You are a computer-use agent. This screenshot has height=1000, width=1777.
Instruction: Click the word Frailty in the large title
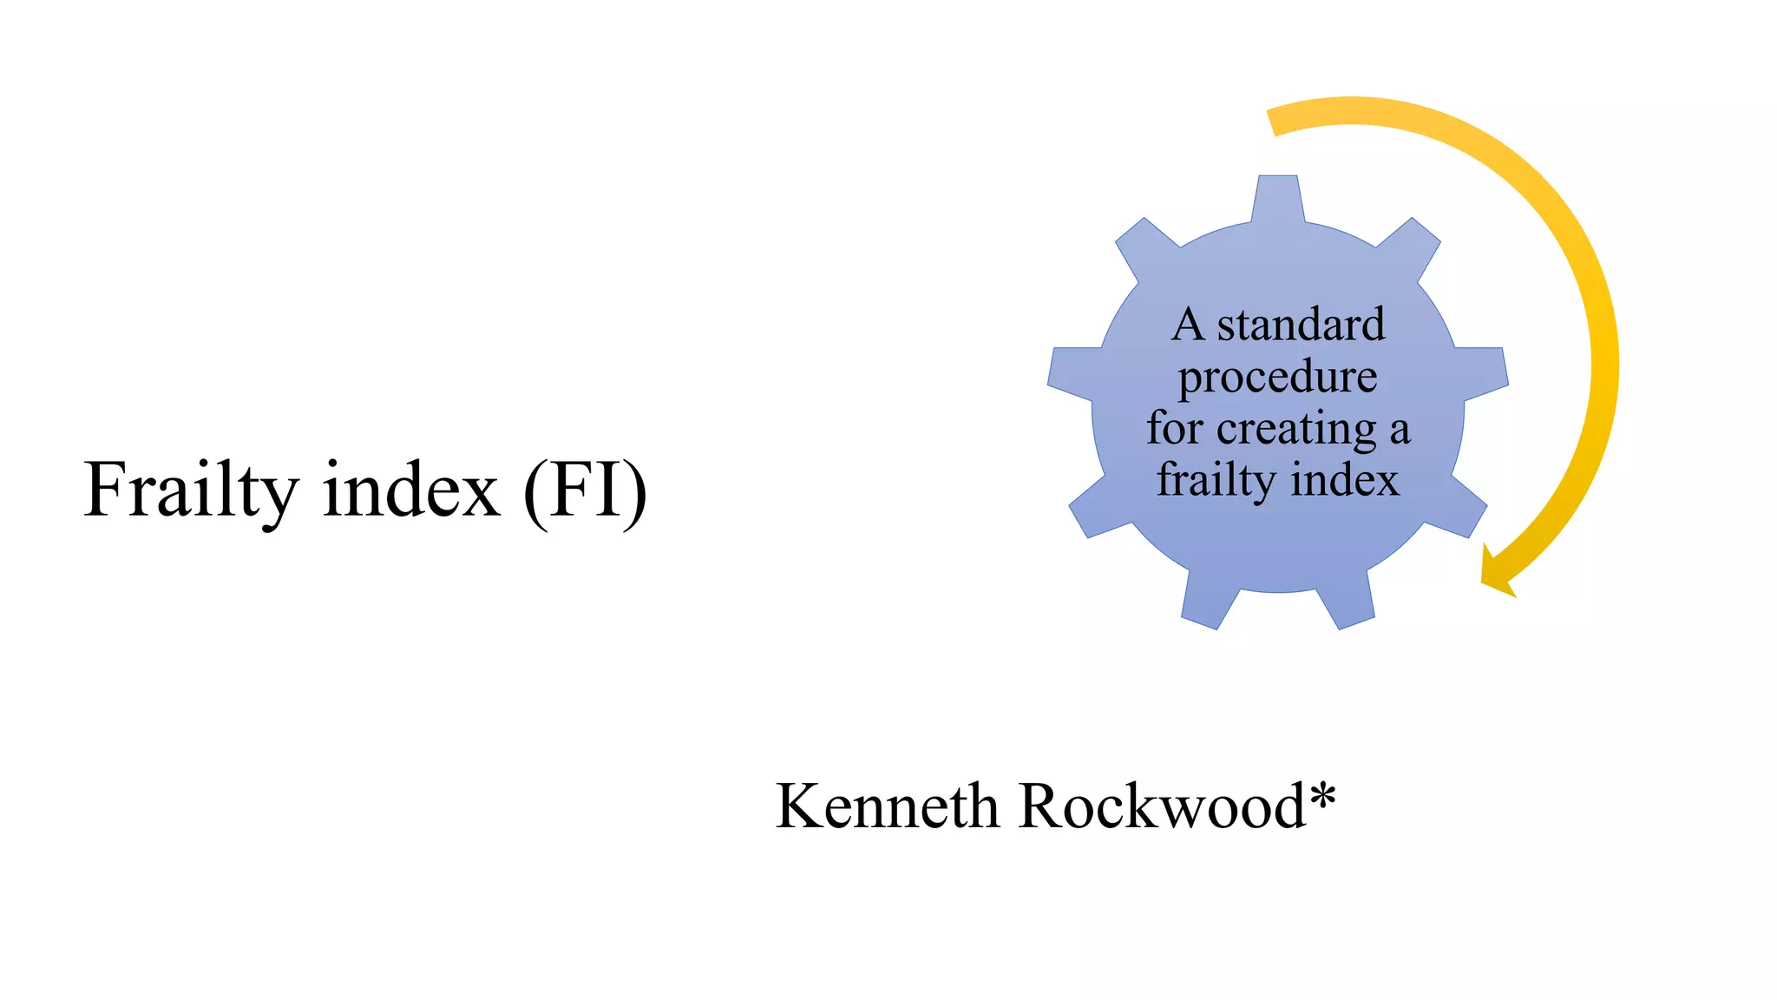[x=190, y=490]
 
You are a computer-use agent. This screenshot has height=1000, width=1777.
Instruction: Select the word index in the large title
[x=411, y=490]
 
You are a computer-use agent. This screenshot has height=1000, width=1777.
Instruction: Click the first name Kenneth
[x=887, y=806]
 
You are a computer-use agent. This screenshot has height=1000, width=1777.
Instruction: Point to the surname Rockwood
[x=1163, y=806]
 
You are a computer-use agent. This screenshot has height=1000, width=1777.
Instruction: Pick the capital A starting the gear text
[x=1188, y=326]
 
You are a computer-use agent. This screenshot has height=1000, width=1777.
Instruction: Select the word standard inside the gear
[x=1301, y=326]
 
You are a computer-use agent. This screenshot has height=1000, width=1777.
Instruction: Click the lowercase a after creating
[x=1399, y=431]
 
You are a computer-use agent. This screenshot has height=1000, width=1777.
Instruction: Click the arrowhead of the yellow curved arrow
[x=1496, y=575]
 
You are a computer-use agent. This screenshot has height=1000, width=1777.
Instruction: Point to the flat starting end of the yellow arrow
[x=1273, y=122]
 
